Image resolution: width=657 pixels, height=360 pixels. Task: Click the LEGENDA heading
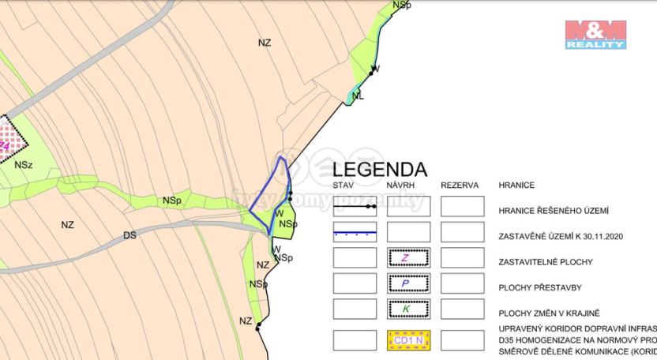click(379, 169)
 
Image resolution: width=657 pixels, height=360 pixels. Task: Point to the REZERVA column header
click(460, 186)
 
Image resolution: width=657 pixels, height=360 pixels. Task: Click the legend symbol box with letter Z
click(408, 258)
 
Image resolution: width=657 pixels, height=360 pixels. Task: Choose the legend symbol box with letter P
click(408, 283)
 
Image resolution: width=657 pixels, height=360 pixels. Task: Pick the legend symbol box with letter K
click(408, 309)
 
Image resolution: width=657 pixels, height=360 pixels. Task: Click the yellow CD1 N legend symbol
click(408, 340)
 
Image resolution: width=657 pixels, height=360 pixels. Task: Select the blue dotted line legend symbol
click(355, 232)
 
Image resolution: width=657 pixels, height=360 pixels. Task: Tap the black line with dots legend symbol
click(355, 207)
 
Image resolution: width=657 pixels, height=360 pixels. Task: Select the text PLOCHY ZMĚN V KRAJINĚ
click(550, 313)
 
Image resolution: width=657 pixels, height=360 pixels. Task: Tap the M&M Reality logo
click(595, 35)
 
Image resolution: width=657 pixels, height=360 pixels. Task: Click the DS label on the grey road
click(130, 235)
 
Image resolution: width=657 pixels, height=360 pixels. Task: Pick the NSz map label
click(24, 165)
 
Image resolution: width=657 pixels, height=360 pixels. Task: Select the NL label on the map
click(358, 96)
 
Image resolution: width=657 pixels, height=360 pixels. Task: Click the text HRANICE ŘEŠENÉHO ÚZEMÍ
click(553, 211)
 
